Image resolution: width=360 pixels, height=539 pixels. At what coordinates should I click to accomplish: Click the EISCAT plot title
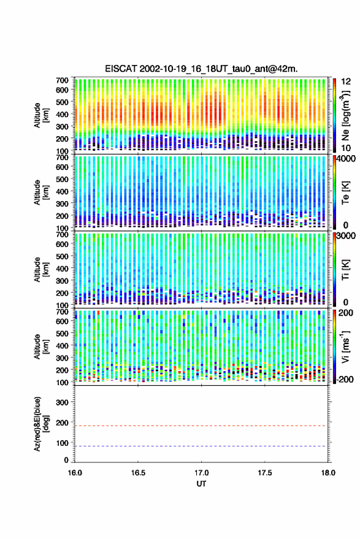202,69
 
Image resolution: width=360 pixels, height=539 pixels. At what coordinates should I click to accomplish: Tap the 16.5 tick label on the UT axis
138,473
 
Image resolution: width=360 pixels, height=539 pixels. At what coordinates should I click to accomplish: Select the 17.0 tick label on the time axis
202,473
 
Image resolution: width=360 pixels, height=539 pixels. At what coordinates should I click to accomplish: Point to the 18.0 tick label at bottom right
328,473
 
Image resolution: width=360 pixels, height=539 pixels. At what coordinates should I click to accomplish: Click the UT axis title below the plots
202,484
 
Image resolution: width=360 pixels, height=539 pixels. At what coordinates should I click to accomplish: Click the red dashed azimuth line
201,426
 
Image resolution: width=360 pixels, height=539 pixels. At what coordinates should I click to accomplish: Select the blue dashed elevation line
201,446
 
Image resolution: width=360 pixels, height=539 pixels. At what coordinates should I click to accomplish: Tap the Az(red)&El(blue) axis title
41,424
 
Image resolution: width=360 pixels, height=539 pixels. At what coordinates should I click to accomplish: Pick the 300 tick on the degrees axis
62,402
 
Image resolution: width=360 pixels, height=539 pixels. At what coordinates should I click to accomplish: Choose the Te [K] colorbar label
346,193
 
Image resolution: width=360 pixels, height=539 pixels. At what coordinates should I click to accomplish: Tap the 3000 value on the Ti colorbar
347,236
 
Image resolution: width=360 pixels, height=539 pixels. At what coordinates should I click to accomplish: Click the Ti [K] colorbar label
346,270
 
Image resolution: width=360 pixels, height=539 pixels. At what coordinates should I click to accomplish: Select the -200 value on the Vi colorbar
345,380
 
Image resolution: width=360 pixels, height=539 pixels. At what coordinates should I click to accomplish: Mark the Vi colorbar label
346,346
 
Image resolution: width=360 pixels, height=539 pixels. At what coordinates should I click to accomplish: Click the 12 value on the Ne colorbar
347,82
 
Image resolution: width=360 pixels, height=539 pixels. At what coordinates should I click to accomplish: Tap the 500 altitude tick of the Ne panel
62,102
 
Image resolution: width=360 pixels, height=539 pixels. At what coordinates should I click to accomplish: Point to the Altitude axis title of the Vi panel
41,346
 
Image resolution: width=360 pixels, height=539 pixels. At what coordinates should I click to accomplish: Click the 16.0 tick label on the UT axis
75,473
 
